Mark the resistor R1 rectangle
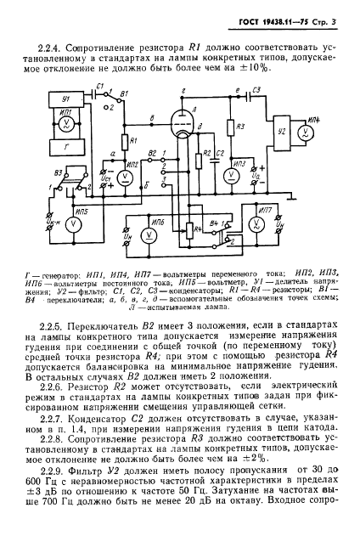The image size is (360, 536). pyautogui.click(x=124, y=140)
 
